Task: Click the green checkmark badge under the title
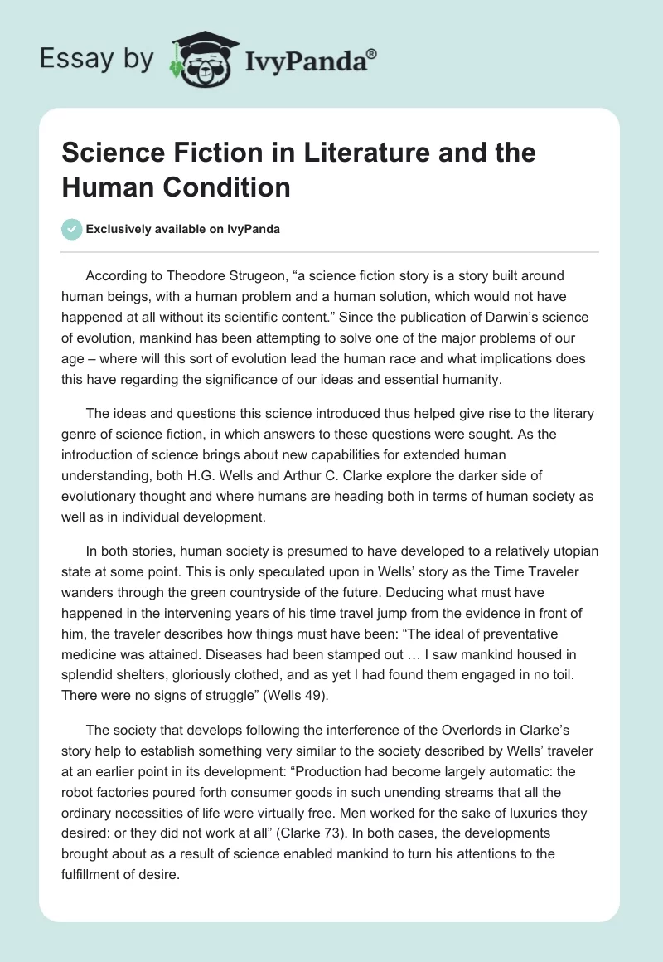pos(72,229)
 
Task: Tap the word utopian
pos(569,551)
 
